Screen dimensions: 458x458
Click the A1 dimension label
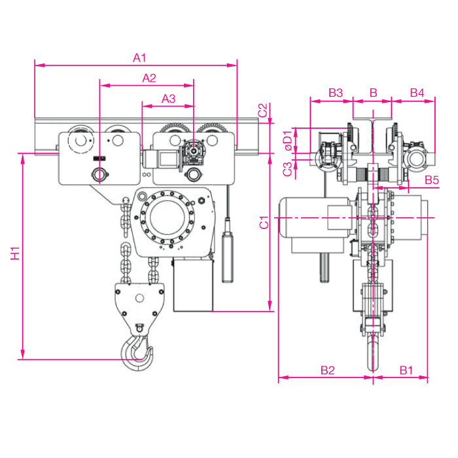coord(139,58)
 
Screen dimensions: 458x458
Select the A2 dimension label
coord(149,78)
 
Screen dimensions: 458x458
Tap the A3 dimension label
coord(169,99)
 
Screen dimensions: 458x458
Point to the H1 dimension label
coord(15,253)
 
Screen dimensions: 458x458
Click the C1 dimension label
coord(264,222)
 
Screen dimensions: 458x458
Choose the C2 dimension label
coord(263,110)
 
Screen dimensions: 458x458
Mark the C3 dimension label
coord(287,169)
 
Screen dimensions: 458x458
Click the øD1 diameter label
coord(288,141)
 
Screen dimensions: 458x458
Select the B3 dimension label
coord(336,93)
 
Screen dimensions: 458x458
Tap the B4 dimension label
coord(417,93)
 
